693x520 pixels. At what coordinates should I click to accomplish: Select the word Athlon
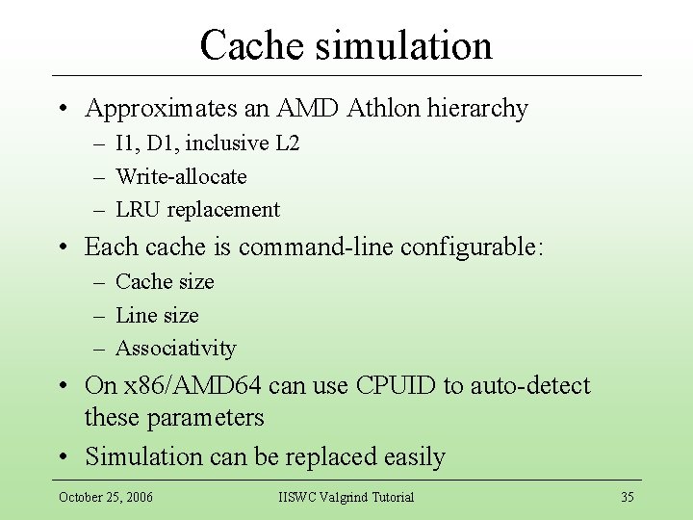click(378, 108)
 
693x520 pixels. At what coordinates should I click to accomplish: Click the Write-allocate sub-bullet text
click(181, 176)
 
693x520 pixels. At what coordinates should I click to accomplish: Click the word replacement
click(223, 209)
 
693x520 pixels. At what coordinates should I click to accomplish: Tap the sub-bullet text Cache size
click(165, 281)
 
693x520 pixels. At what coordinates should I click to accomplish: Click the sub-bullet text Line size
click(157, 315)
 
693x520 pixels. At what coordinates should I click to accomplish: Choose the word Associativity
click(175, 348)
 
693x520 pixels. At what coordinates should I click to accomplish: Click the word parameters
click(206, 418)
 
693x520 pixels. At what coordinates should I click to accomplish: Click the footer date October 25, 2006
click(105, 497)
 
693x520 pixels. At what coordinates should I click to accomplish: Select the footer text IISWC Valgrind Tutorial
click(346, 497)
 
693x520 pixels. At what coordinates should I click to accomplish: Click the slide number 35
click(627, 497)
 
